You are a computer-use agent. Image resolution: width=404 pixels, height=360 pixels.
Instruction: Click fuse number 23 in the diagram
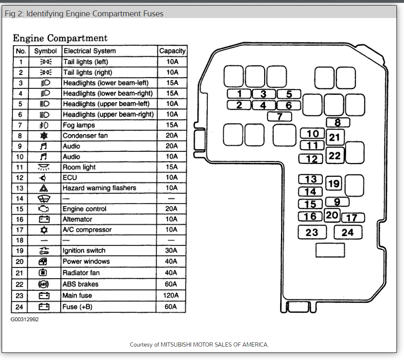click(311, 232)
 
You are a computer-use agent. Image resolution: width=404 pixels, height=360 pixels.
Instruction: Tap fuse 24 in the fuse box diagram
click(347, 232)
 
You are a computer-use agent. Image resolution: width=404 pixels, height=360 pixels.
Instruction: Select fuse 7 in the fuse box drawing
click(279, 117)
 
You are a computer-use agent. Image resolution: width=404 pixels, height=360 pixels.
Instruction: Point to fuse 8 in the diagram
click(338, 122)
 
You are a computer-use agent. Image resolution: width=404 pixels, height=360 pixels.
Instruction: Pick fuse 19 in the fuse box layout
click(334, 184)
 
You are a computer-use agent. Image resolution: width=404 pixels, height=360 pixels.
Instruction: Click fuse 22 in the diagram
click(335, 155)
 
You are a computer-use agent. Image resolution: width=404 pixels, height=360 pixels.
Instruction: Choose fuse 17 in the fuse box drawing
click(353, 218)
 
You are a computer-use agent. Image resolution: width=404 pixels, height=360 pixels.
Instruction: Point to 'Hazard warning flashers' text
click(99, 188)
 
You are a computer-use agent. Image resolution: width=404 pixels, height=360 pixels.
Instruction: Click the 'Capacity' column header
click(172, 51)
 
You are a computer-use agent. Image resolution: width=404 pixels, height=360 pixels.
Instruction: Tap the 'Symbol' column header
click(45, 51)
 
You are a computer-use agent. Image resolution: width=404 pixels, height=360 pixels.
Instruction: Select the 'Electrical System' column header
click(89, 51)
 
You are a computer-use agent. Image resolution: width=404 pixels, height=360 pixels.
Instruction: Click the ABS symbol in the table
click(44, 284)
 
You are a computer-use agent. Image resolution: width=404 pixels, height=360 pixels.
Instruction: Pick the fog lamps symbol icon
click(44, 125)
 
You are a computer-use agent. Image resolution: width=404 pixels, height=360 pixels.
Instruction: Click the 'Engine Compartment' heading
click(60, 38)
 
